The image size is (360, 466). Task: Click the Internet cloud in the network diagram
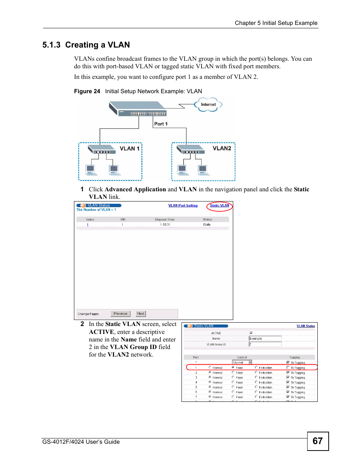(208, 105)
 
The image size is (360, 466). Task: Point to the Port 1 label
(161, 124)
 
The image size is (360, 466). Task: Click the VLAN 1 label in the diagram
(129, 149)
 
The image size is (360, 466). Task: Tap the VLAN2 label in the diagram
(222, 148)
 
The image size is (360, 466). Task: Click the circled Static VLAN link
(219, 206)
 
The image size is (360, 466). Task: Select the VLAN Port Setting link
(183, 206)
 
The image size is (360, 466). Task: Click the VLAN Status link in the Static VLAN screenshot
(305, 326)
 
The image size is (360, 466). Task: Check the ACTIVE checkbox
(251, 333)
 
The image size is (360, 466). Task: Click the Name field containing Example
(265, 338)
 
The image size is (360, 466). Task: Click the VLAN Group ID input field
(265, 344)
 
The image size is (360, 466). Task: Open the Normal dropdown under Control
(242, 362)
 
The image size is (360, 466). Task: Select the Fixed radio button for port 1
(233, 368)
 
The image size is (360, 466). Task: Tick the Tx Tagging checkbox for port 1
(288, 368)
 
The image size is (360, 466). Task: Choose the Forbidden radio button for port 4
(256, 382)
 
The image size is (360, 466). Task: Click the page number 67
(317, 441)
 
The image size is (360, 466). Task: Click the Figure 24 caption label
(87, 91)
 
